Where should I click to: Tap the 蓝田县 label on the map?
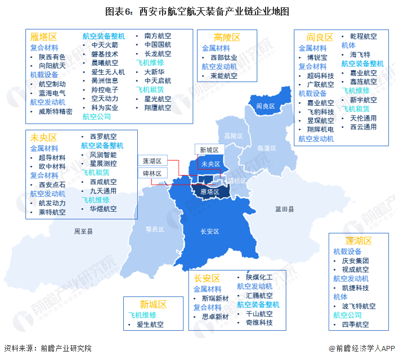click(x=284, y=209)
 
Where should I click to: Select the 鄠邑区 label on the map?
click(x=154, y=229)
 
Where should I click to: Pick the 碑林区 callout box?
click(x=152, y=174)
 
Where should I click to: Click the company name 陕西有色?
click(x=52, y=57)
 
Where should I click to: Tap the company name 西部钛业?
click(x=224, y=57)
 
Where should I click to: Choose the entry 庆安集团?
click(x=355, y=260)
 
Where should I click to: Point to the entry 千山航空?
click(x=259, y=314)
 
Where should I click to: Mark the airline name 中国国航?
click(x=158, y=44)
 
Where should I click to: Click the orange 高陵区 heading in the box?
click(x=227, y=38)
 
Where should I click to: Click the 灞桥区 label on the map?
click(x=236, y=181)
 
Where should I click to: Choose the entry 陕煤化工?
click(x=259, y=277)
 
